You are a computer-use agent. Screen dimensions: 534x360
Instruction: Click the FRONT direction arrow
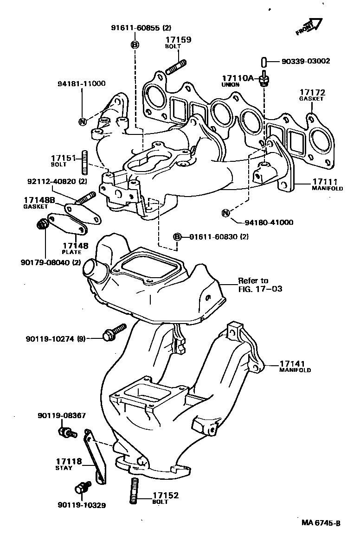click(309, 27)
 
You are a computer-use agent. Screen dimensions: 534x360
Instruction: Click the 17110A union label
click(237, 81)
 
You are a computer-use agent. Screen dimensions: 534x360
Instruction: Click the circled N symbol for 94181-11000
click(82, 121)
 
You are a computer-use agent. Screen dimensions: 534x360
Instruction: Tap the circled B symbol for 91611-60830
click(177, 237)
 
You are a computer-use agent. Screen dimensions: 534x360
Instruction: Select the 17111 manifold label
click(327, 184)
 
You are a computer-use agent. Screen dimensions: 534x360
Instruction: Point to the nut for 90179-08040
click(41, 224)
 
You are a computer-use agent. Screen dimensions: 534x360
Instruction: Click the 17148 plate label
click(72, 248)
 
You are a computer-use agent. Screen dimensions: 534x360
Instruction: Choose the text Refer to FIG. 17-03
click(259, 285)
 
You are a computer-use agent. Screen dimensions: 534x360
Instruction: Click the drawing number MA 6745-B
click(321, 523)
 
